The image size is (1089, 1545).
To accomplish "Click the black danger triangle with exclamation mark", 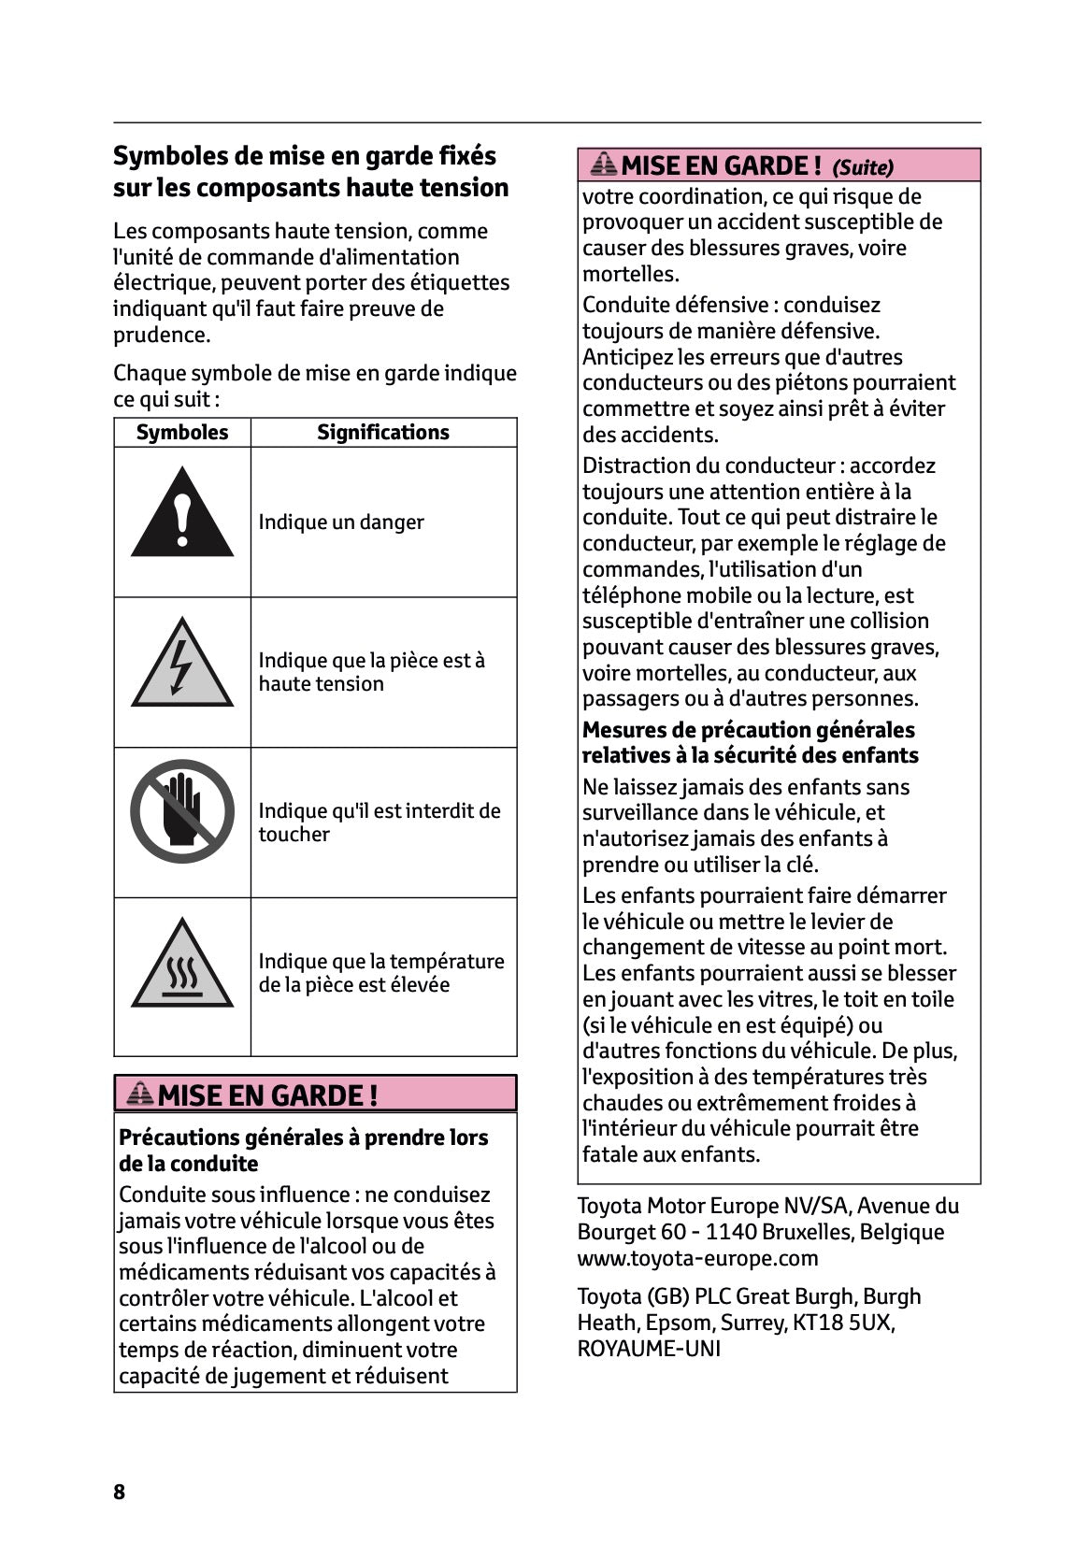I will (x=182, y=515).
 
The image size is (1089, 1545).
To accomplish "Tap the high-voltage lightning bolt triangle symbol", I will (x=182, y=665).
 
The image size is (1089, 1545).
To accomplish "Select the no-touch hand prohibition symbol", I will (x=182, y=810).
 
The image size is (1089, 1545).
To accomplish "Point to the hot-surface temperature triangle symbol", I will (x=182, y=966).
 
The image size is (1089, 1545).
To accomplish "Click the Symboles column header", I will (x=182, y=432).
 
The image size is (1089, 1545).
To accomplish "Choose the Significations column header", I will (x=382, y=432).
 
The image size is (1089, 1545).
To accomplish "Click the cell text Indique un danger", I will (x=341, y=522).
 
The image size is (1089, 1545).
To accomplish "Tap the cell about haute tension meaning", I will (x=371, y=672).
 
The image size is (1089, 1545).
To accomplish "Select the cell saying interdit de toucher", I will (x=379, y=823).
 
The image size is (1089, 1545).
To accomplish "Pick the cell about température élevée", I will (x=380, y=973).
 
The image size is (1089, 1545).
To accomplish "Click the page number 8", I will (x=119, y=1492).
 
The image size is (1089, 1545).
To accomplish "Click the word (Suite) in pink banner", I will (x=862, y=167).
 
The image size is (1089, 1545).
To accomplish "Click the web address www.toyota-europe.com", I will (x=697, y=1258).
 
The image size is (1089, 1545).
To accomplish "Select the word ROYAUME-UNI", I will (x=649, y=1349).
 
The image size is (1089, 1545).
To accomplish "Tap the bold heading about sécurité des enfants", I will (x=750, y=742).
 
